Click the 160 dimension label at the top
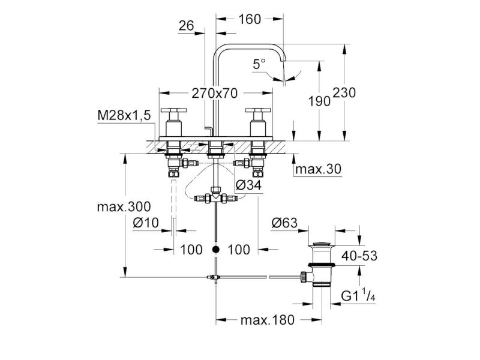coord(250,19)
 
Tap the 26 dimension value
coord(187,26)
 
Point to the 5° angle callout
coord(259,64)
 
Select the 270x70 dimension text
coord(215,94)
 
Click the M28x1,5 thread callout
coord(124,115)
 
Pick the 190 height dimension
coord(319,101)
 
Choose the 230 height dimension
coord(344,92)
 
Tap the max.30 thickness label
coord(318,169)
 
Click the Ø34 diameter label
coord(249,185)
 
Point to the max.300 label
coord(124,207)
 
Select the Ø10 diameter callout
coord(146,223)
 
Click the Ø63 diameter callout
coord(284,223)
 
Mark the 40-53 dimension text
coord(359,256)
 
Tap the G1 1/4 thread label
coord(358,295)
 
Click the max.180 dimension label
coord(267,320)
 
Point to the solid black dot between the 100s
coord(216,250)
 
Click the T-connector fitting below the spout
coord(216,196)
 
